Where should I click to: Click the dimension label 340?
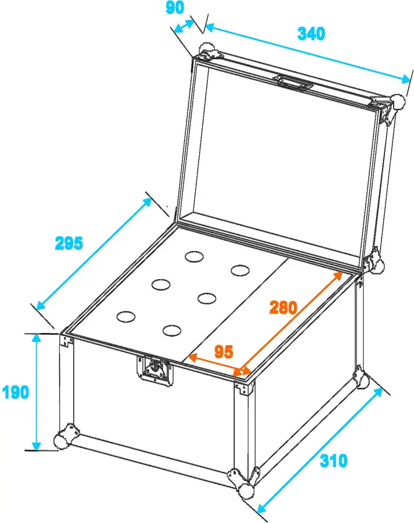(x=311, y=34)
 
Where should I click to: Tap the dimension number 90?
(x=175, y=8)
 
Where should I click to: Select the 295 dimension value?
(x=69, y=243)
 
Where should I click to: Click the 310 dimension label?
(x=333, y=461)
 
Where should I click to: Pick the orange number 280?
(x=283, y=307)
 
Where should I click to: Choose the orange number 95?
(x=224, y=352)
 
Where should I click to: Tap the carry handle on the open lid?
(x=292, y=83)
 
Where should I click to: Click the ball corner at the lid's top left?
(x=207, y=49)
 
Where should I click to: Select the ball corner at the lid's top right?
(x=398, y=102)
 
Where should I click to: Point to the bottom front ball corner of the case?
(x=247, y=490)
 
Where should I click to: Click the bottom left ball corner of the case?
(x=62, y=439)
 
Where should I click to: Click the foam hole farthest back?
(x=194, y=256)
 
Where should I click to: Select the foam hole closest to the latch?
(x=172, y=330)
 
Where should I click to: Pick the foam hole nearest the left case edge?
(x=125, y=317)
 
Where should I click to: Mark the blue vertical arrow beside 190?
(x=36, y=392)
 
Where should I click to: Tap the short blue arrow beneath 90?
(x=183, y=26)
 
